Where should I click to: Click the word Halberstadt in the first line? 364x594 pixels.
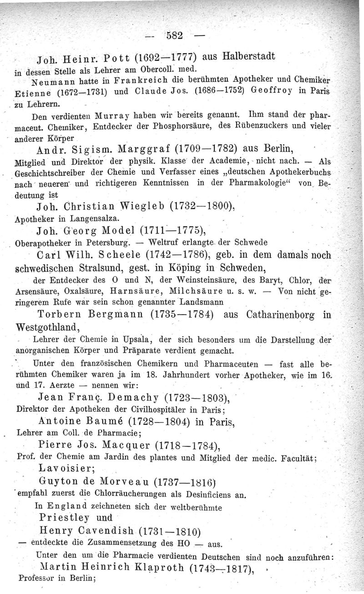click(248, 57)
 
